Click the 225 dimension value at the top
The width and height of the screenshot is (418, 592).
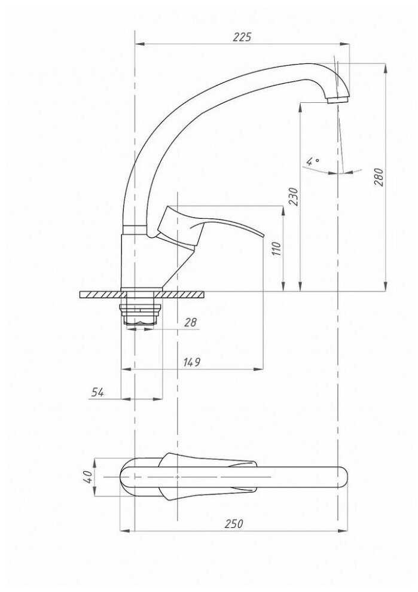(x=242, y=37)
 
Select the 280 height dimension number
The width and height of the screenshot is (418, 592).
(x=379, y=176)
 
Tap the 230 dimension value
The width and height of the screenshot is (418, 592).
(x=294, y=196)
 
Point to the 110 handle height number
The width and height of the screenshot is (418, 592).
(x=277, y=249)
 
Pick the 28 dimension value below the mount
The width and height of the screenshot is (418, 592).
(x=191, y=322)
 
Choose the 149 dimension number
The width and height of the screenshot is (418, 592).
(x=192, y=362)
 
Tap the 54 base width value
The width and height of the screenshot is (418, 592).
(x=97, y=392)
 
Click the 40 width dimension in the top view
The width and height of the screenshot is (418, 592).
(x=87, y=477)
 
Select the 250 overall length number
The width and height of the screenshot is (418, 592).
(x=234, y=524)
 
